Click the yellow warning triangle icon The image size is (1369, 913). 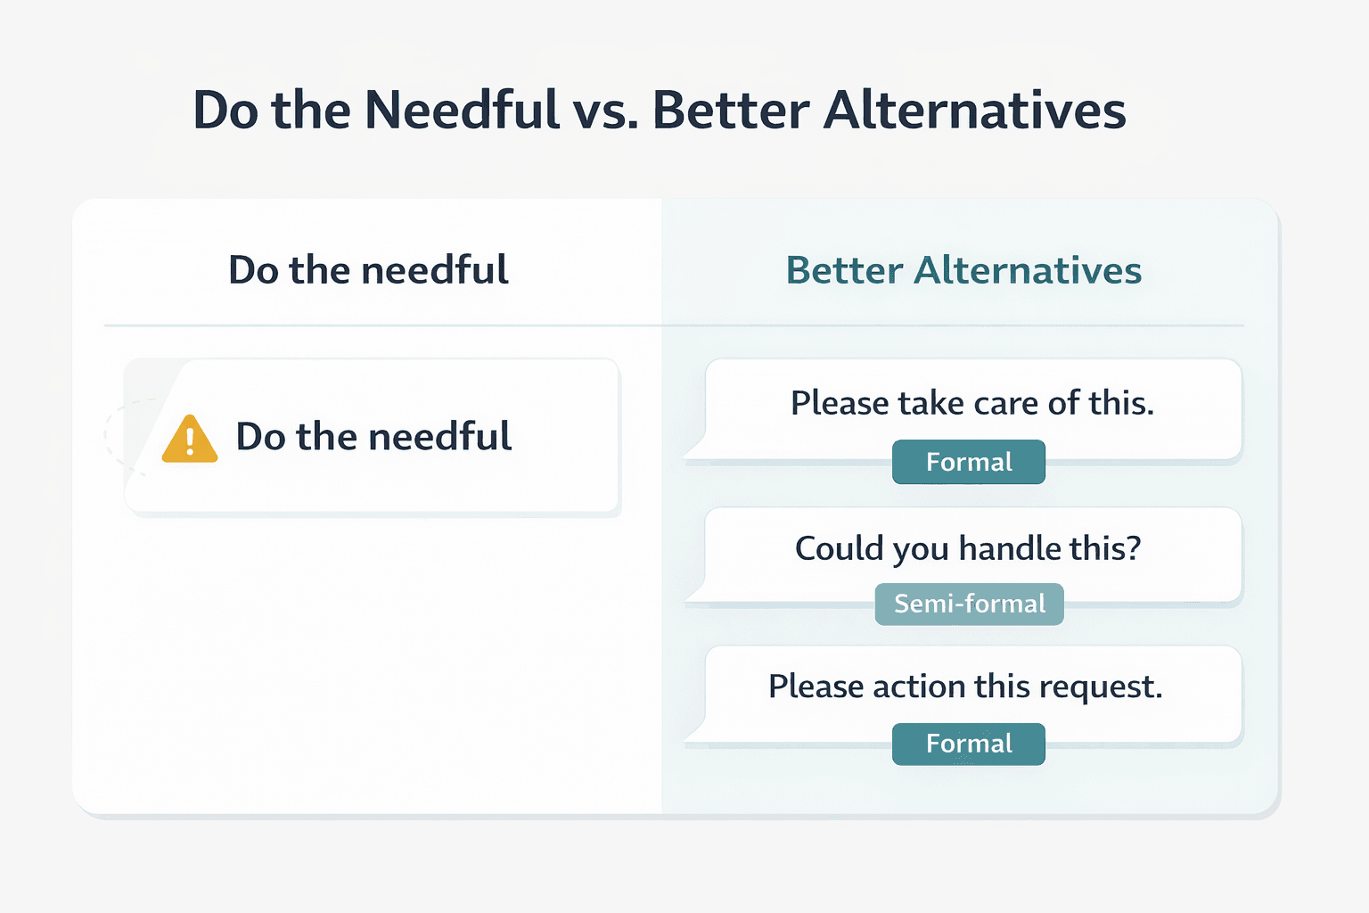click(190, 440)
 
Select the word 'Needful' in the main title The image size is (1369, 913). click(462, 111)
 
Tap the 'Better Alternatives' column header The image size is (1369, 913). click(963, 270)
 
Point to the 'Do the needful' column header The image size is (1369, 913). click(368, 270)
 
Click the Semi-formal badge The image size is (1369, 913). click(969, 605)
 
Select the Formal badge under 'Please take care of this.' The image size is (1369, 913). click(969, 462)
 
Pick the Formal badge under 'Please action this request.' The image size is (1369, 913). click(969, 744)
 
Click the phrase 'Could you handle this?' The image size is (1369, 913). click(968, 548)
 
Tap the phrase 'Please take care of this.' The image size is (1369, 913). click(972, 403)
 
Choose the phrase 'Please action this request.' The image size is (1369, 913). click(965, 687)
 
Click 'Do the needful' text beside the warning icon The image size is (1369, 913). click(373, 437)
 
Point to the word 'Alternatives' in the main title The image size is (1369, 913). click(974, 111)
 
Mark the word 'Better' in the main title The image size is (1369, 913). click(731, 111)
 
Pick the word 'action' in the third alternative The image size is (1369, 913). click(919, 687)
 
